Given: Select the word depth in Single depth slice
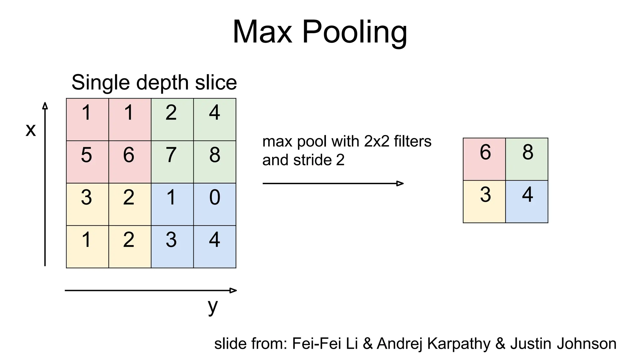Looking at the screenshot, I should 162,83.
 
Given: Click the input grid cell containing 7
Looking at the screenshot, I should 172,162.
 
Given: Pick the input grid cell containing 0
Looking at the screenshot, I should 215,204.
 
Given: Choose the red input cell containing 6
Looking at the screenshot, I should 130,162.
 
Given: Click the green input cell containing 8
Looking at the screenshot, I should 215,162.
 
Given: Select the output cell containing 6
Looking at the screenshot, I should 484,159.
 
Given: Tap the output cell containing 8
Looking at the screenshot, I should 527,159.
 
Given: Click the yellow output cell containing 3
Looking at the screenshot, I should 484,202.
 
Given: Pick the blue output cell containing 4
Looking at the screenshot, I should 527,202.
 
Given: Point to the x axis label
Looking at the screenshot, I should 31,130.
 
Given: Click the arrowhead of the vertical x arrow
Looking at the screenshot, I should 45,106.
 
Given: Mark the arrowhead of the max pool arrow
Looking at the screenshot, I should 400,183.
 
